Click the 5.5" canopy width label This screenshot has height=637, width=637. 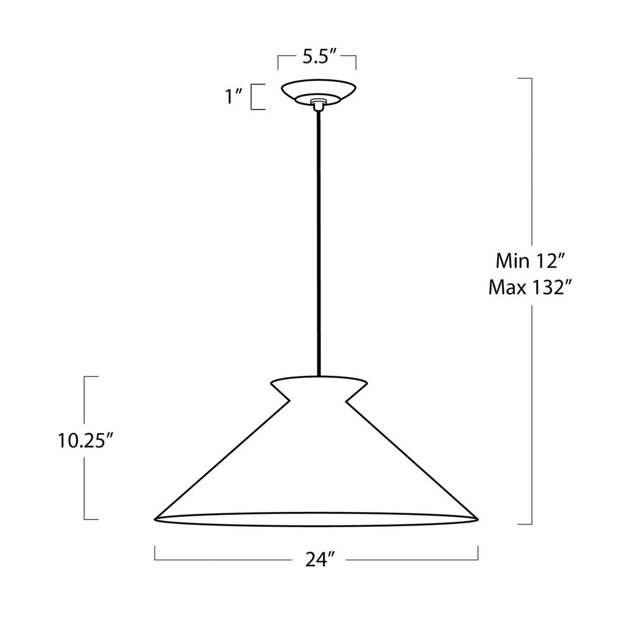320,57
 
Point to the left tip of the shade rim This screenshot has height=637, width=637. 156,518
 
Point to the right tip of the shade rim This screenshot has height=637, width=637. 477,519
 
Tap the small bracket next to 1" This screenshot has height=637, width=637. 254,97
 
